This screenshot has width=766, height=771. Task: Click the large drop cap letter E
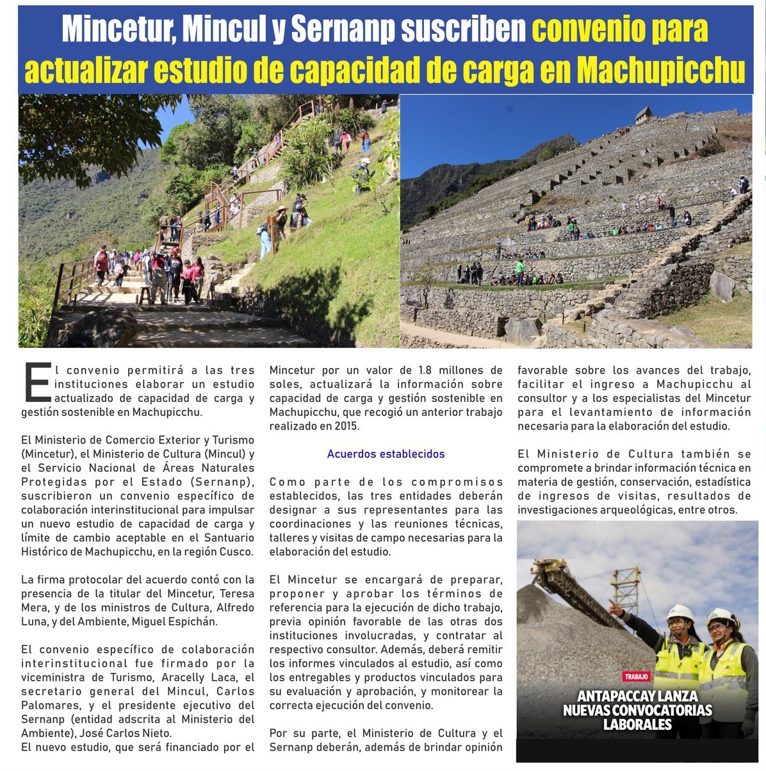pos(37,383)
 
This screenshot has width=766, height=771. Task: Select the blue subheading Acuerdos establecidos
pos(386,454)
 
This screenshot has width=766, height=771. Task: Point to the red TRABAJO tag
pos(636,677)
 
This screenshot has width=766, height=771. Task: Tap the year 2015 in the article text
pos(346,426)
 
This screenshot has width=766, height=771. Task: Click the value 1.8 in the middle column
pos(426,370)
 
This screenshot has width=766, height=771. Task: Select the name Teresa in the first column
pos(237,593)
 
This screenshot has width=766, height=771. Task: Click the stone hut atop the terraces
pos(644,115)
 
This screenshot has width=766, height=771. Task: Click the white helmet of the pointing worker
pos(680,612)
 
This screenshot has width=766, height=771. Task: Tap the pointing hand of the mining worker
pos(614,606)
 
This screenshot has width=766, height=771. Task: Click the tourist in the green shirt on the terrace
pos(520,267)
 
